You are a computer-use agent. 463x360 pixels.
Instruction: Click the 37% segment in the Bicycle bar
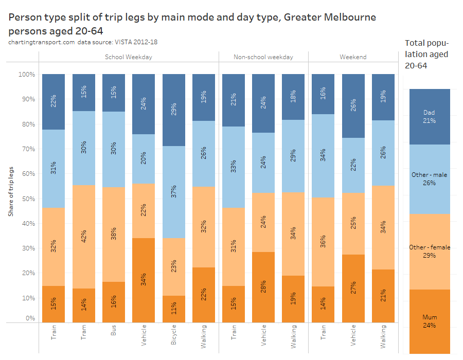[174, 192]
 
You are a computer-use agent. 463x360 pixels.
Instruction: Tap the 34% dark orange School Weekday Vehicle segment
[144, 280]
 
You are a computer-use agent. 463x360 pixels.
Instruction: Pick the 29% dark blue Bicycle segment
[174, 110]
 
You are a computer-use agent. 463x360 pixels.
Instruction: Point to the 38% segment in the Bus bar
[113, 234]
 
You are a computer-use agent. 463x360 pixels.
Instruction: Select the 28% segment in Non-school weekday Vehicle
[263, 287]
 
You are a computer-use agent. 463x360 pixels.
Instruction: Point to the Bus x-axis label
[114, 333]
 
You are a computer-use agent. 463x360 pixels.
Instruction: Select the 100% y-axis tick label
[26, 75]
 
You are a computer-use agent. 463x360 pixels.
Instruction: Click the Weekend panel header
[353, 57]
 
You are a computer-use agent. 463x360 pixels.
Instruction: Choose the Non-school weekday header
[263, 57]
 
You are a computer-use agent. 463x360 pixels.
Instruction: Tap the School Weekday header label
[128, 57]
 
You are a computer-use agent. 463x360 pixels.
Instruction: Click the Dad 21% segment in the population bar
[430, 117]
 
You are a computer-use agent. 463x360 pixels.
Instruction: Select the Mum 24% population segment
[430, 321]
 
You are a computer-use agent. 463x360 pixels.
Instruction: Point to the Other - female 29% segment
[430, 251]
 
